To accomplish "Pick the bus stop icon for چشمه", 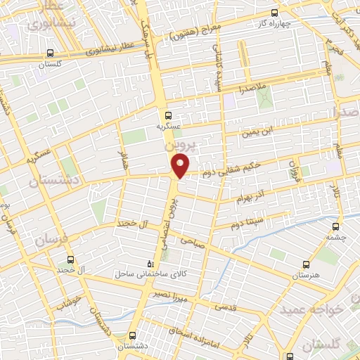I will pyautogui.click(x=335, y=226).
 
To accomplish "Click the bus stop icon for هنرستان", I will pyautogui.click(x=305, y=264).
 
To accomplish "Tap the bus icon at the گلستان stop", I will pyautogui.click(x=50, y=53).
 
